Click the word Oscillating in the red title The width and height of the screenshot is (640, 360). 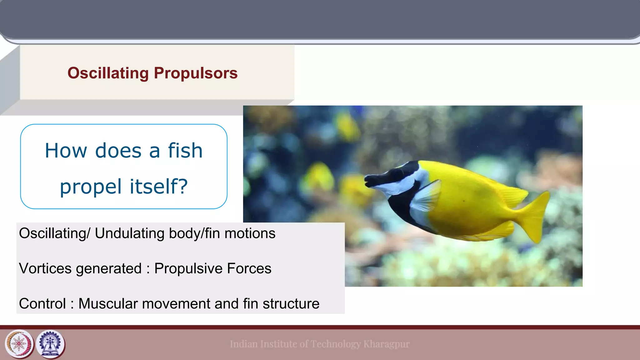(x=108, y=73)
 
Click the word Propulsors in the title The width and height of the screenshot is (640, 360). (x=196, y=73)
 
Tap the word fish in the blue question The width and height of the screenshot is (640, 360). (x=185, y=151)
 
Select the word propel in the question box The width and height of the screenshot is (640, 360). (x=91, y=187)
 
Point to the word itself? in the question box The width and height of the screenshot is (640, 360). (x=159, y=187)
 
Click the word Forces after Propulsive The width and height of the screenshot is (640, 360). (x=249, y=268)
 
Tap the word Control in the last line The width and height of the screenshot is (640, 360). (x=42, y=304)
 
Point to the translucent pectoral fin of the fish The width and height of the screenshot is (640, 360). (x=427, y=197)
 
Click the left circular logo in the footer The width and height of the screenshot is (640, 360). (x=19, y=344)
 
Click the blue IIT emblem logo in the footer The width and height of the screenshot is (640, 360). (x=50, y=344)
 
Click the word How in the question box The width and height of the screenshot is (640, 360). (x=66, y=151)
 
